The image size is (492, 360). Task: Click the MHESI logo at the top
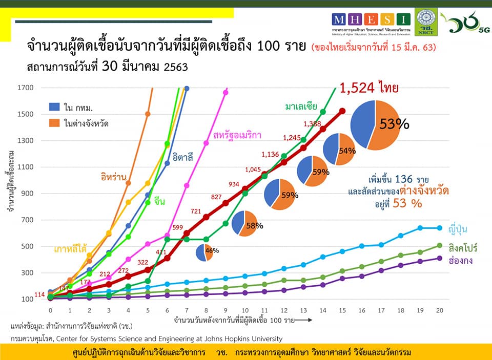pyautogui.click(x=372, y=19)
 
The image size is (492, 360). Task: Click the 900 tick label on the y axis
pyautogui.click(x=28, y=194)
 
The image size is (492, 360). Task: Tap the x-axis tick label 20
pyautogui.click(x=439, y=311)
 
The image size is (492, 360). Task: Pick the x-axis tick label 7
pyautogui.click(x=187, y=311)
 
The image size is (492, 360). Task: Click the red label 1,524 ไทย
pyautogui.click(x=369, y=89)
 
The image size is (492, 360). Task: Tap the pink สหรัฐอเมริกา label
pyautogui.click(x=237, y=136)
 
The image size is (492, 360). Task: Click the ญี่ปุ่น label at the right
pyautogui.click(x=460, y=228)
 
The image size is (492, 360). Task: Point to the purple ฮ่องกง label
pyautogui.click(x=460, y=260)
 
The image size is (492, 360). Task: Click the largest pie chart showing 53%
pyautogui.click(x=375, y=125)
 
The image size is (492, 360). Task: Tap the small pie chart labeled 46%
pyautogui.click(x=204, y=252)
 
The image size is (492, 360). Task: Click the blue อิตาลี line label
pyautogui.click(x=183, y=157)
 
